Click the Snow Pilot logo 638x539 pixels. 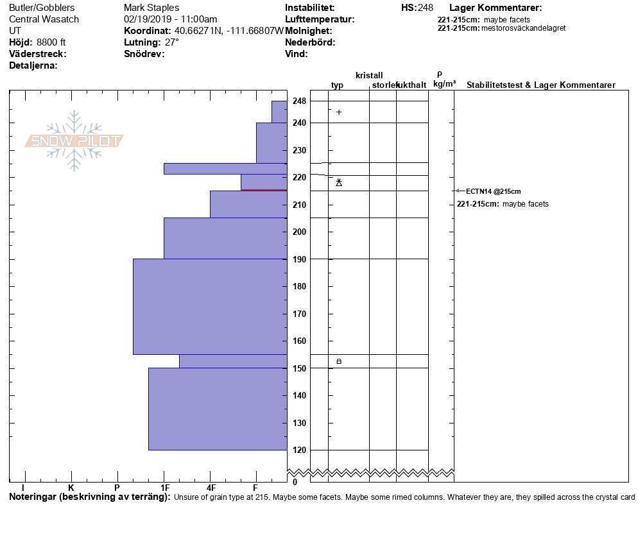(74, 141)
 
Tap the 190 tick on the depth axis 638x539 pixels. (299, 259)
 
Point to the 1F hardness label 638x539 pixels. (165, 488)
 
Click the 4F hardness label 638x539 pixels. (211, 488)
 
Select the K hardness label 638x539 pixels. (71, 488)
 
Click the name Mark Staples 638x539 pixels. (151, 8)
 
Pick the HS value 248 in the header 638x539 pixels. (426, 8)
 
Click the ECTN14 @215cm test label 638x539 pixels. (493, 191)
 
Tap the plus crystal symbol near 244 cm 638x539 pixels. (339, 112)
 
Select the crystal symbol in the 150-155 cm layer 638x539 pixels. (339, 361)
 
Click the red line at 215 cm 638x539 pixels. (264, 190)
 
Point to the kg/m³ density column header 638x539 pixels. (444, 84)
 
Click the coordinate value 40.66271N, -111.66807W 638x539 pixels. (229, 31)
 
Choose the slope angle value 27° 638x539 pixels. (172, 42)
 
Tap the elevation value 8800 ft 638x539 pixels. (51, 42)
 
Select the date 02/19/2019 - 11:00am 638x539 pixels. (170, 19)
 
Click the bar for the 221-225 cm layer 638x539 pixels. (225, 169)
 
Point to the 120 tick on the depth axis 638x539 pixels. (299, 450)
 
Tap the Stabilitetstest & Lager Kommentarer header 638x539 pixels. (540, 85)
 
